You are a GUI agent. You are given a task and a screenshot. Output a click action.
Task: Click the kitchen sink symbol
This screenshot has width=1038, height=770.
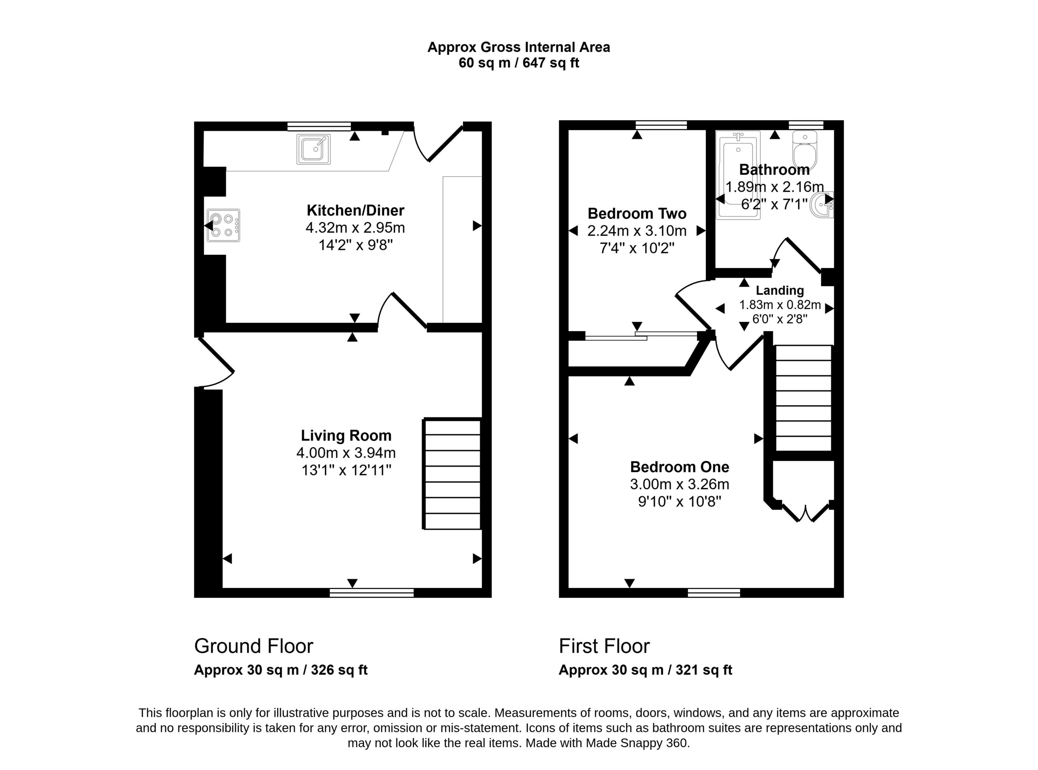click(313, 149)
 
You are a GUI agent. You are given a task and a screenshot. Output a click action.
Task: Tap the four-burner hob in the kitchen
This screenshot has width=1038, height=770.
click(224, 226)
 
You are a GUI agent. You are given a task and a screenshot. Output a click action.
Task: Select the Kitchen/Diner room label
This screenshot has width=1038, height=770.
click(356, 211)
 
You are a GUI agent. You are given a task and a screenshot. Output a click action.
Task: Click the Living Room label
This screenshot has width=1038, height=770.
click(346, 435)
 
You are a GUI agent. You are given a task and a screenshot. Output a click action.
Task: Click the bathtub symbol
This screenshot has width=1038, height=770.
click(738, 175)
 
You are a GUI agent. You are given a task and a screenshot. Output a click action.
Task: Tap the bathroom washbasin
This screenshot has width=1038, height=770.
click(822, 205)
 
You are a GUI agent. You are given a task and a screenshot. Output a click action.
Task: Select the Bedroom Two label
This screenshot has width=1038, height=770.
click(637, 213)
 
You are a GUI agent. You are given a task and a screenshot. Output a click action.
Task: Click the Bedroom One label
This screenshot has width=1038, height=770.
click(680, 467)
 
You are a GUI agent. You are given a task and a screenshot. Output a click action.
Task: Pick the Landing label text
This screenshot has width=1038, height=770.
click(780, 290)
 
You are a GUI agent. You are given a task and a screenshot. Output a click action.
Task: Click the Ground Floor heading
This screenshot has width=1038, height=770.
click(253, 646)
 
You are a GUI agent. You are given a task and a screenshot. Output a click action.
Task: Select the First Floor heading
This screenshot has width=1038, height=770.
click(604, 646)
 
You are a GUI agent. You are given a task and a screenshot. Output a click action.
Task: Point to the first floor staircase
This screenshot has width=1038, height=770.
click(803, 398)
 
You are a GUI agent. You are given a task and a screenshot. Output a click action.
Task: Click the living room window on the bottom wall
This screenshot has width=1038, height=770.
click(372, 593)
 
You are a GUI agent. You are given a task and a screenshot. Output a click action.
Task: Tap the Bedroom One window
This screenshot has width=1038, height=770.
click(714, 593)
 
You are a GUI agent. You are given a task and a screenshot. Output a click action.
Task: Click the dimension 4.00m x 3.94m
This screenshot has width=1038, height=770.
click(346, 453)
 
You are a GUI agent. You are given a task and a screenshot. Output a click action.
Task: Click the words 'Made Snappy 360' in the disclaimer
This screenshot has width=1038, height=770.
click(637, 743)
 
